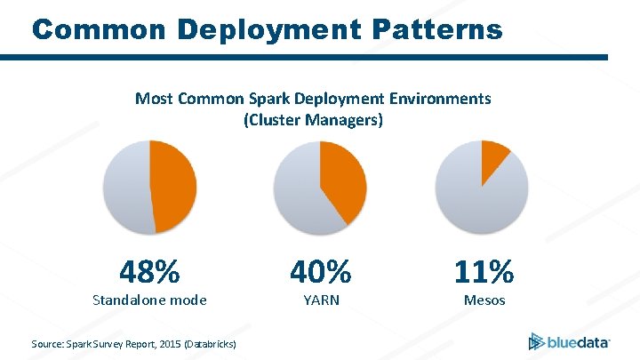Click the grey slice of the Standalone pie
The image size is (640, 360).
[124, 187]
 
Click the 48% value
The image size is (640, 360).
[149, 269]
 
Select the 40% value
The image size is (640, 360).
[320, 269]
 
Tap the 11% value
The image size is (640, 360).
[484, 269]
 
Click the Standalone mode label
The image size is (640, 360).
[149, 300]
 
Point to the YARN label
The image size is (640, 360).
[320, 300]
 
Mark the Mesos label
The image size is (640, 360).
[484, 300]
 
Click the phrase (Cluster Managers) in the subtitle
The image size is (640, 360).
[313, 119]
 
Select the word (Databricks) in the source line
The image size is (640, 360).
[210, 342]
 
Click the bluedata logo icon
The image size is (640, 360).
[536, 340]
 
